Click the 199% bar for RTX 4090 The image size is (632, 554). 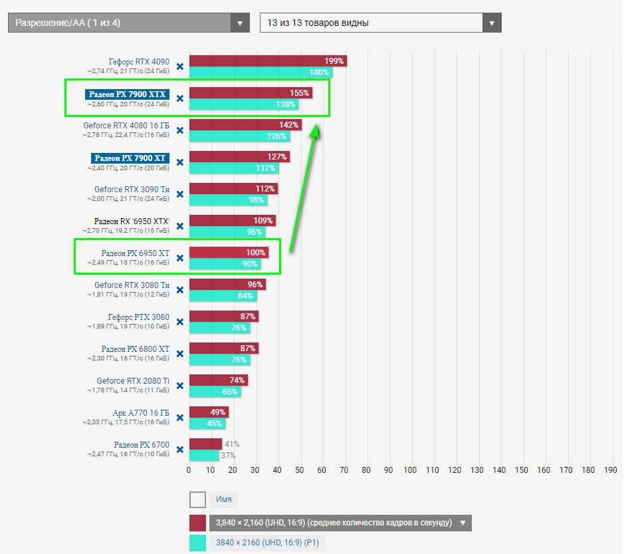click(x=267, y=61)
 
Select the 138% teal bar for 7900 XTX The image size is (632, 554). click(x=243, y=104)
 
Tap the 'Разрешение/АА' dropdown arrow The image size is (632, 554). click(x=240, y=23)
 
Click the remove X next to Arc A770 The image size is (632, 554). click(x=179, y=418)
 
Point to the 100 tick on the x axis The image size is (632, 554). click(x=411, y=470)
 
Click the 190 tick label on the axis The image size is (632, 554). click(x=610, y=470)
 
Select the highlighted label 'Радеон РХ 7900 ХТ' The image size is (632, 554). click(x=130, y=158)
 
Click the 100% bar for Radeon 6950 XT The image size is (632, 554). click(x=228, y=253)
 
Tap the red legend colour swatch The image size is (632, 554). click(x=197, y=522)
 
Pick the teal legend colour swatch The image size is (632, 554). click(x=197, y=543)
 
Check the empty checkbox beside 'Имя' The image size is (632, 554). click(x=197, y=499)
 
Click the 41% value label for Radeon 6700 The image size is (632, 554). click(x=232, y=444)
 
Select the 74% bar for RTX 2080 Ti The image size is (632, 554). click(x=218, y=380)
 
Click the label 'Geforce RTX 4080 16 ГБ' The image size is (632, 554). click(x=126, y=125)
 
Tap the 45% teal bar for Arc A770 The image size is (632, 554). click(x=207, y=424)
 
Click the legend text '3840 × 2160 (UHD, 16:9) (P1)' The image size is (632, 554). click(x=267, y=543)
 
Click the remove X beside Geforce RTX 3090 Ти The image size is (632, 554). click(x=179, y=194)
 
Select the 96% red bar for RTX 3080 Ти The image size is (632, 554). click(x=227, y=285)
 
